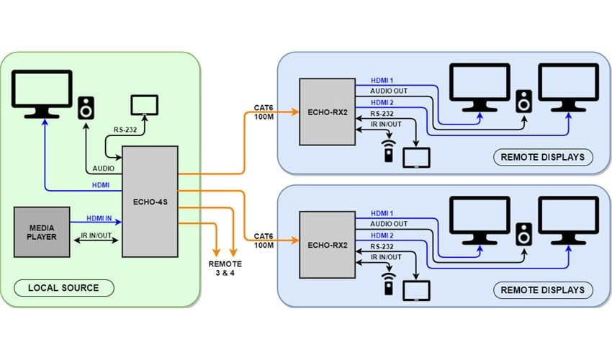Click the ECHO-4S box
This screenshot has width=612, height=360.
150,201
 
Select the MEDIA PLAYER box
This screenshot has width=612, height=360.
42,232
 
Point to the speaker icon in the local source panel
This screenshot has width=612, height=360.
86,107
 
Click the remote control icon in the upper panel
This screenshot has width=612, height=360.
390,152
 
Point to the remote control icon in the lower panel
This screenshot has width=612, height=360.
390,284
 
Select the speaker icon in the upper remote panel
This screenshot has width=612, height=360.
524,100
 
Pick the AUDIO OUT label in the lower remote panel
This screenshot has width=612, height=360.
389,224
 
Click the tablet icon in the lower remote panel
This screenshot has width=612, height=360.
416,290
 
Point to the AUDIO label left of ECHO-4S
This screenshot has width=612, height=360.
105,168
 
